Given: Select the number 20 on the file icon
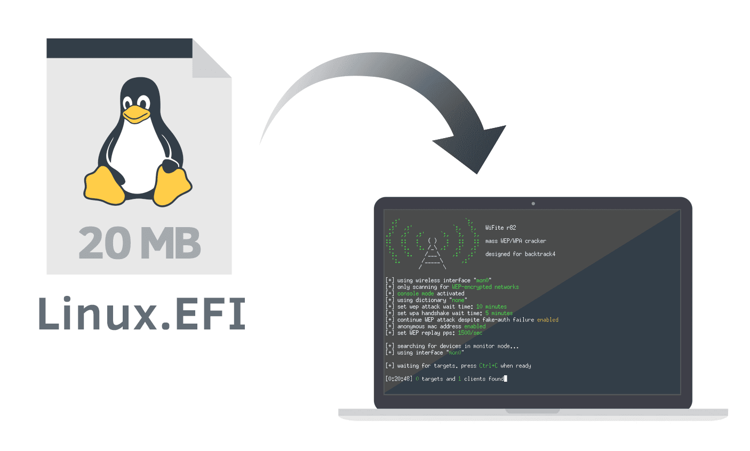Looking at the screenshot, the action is tap(102, 243).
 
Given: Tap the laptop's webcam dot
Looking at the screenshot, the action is tap(533, 204).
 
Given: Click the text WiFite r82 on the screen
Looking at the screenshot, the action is tap(500, 228).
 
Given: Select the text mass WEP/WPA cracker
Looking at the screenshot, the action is tap(515, 241).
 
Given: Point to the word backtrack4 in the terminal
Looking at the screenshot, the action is tap(540, 254).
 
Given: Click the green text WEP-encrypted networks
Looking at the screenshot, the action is tap(485, 287).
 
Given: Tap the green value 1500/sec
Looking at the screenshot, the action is tap(469, 333).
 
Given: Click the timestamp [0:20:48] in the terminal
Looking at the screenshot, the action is tap(398, 379).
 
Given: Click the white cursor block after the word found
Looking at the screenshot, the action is tap(505, 379).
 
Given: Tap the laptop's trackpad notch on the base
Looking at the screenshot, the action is tap(532, 411).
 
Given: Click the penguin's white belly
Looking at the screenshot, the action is tap(138, 160).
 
